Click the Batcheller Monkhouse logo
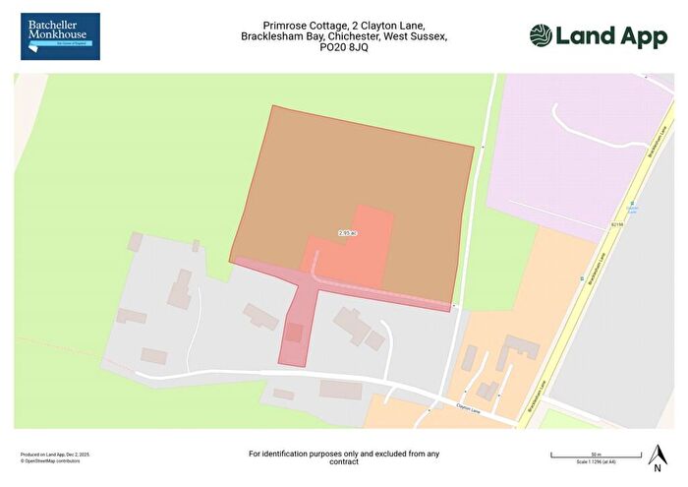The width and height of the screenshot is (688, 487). point(60,36)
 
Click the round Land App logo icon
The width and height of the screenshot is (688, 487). point(542,35)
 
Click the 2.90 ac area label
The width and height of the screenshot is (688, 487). point(346,233)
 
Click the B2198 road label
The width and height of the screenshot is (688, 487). point(616,224)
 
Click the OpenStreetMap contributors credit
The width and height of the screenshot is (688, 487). point(55,459)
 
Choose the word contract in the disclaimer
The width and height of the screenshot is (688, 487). point(343,461)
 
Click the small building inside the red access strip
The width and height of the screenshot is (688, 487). point(294,334)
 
